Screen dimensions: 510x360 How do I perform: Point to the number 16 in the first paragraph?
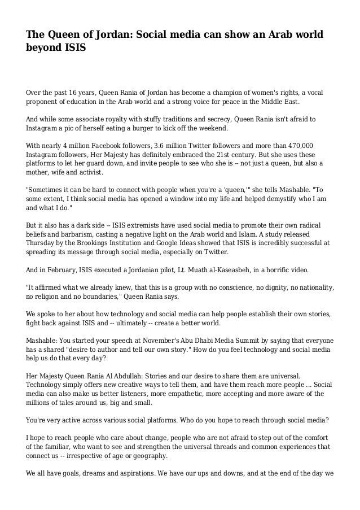pyautogui.click(x=75, y=91)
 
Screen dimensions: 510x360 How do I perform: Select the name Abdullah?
pyautogui.click(x=134, y=376)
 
